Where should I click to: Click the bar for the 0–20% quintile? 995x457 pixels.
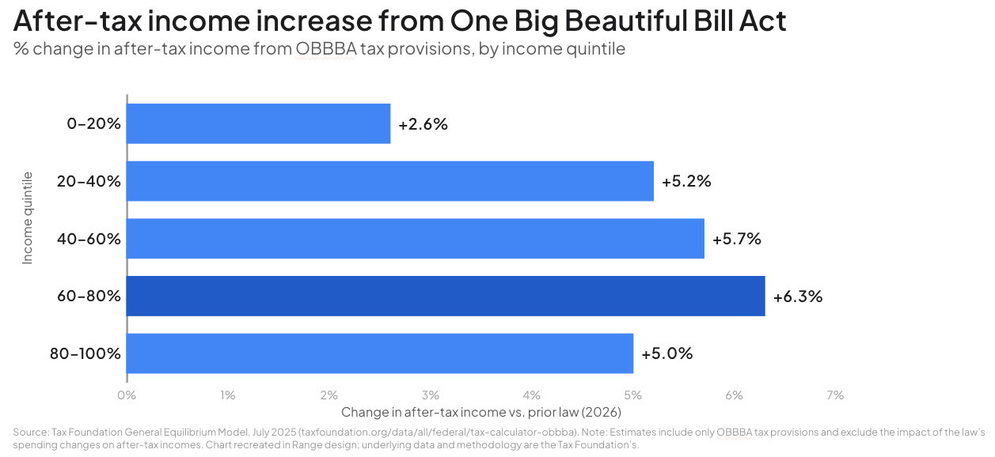point(258,123)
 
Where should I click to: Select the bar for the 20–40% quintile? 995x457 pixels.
point(389,181)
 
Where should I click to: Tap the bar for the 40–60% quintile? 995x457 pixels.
point(415,239)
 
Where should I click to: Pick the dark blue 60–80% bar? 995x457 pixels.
point(445,296)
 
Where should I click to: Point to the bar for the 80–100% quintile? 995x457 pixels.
point(379,353)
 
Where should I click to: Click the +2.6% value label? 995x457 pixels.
point(423,124)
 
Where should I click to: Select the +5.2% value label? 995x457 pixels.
point(686,181)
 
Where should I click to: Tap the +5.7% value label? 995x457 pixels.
point(737,239)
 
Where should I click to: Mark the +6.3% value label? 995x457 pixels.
point(798,297)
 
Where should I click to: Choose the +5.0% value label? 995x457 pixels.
point(667,353)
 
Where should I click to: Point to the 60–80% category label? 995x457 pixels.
point(89,296)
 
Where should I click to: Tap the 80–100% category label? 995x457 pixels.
point(85,353)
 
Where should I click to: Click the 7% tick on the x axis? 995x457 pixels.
point(835,395)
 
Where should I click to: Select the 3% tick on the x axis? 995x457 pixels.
point(430,395)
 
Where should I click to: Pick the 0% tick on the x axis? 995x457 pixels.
point(127,395)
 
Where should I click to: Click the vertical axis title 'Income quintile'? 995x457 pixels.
point(28,217)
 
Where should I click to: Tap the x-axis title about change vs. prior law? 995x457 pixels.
point(480,412)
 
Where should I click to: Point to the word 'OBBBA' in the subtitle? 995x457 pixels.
point(325,49)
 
